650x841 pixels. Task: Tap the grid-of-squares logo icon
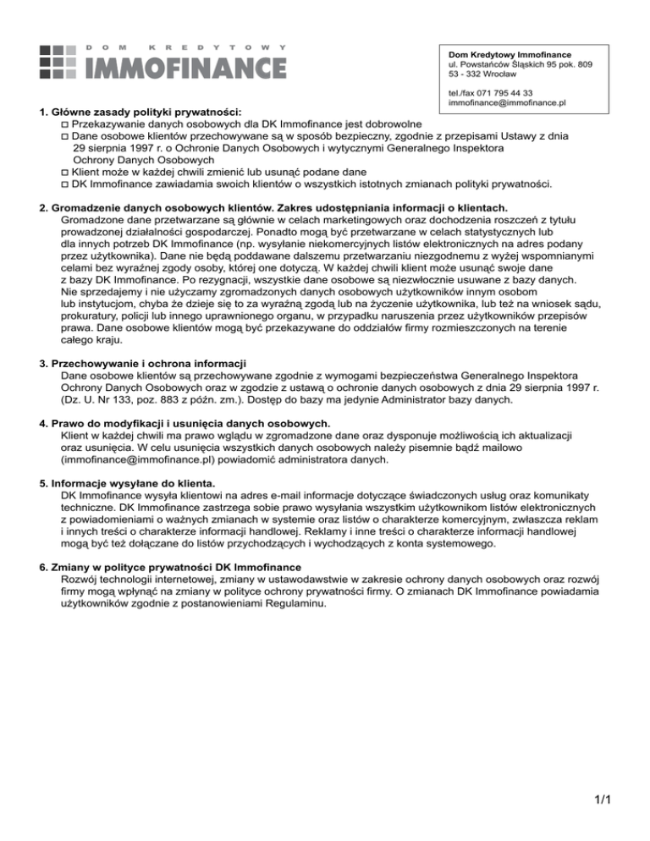point(60,59)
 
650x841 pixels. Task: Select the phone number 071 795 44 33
point(509,92)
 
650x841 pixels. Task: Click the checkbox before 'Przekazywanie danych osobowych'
point(65,124)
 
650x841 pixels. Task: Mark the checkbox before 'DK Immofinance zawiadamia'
point(65,184)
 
